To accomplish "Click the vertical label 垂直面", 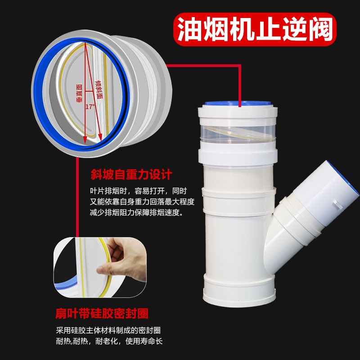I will click(81, 90).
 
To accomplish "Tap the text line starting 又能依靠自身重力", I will click(142, 202).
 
